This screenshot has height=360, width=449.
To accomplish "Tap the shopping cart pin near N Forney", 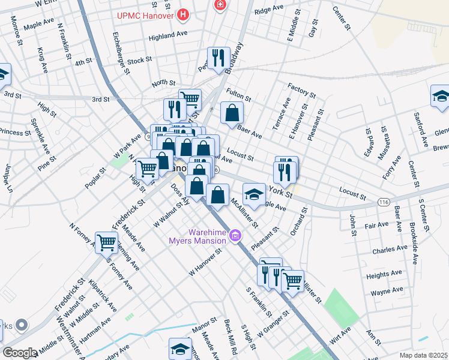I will pos(106,242).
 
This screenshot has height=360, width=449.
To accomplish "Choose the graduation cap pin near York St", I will pos(254,194).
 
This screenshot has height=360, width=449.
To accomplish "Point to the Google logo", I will pos(19,353).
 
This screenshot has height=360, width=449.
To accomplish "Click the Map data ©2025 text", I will pos(423,355).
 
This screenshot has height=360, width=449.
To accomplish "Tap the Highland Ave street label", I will pos(169,35).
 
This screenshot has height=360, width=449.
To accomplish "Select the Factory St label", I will pos(301,90).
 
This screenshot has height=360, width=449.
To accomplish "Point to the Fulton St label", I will pos(239,95).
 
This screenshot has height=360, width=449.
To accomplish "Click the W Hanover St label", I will pos(205,259).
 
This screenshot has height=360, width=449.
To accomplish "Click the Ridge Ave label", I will pos(268,10).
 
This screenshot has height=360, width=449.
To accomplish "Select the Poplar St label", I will pos(95,179).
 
